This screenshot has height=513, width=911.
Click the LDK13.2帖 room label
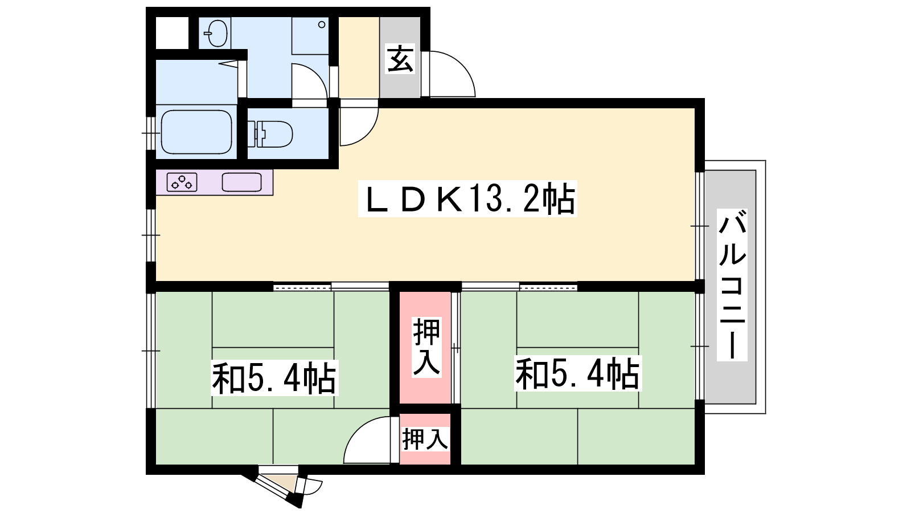click(x=467, y=199)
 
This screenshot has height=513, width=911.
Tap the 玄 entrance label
click(x=400, y=59)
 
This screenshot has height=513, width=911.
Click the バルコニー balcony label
click(x=732, y=284)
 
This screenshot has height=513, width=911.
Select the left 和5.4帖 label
click(x=274, y=378)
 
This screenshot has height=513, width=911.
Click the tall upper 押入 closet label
click(x=426, y=347)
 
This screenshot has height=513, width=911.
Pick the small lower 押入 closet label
click(x=425, y=439)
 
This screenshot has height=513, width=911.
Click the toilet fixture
click(x=270, y=133)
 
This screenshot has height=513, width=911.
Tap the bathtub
click(x=196, y=132)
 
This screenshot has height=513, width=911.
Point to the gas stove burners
click(x=182, y=182)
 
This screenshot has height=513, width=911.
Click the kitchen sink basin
click(x=241, y=182)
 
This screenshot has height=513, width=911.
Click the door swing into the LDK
click(x=366, y=132)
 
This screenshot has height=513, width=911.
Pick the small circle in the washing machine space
click(x=321, y=25)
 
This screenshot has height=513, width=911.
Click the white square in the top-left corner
click(x=172, y=33)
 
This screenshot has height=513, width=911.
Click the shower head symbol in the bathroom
click(x=228, y=63)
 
